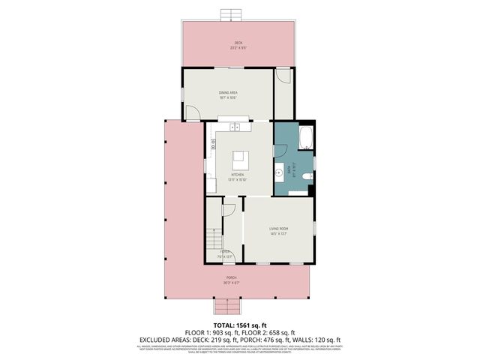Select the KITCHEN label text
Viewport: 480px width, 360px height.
pos(238,175)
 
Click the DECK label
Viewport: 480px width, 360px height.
pos(238,43)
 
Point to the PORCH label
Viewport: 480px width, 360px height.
pos(235,278)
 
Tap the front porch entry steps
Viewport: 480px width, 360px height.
pos(226,307)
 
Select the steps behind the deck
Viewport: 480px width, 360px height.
pos(231,15)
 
